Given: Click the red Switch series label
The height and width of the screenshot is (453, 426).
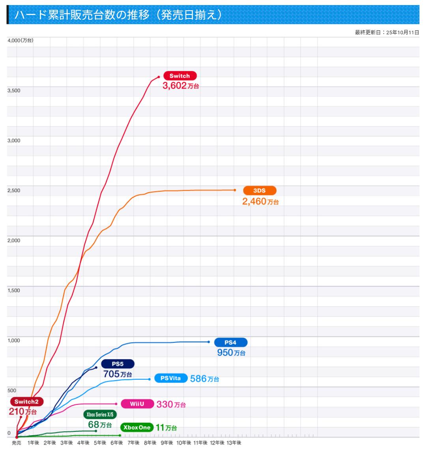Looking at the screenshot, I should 179,76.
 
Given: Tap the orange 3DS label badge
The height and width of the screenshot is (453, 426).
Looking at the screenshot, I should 260,191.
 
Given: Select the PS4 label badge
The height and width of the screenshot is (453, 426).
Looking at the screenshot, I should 230,342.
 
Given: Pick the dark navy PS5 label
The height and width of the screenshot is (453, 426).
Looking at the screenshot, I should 118,364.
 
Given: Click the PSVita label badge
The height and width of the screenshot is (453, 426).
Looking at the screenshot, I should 171,378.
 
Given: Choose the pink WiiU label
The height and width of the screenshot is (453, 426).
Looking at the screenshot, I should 136,404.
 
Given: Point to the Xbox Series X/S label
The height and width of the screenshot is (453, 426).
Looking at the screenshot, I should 100,414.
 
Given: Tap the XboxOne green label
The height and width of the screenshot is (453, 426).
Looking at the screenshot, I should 136,427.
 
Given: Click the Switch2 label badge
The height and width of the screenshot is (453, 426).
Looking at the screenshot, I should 27,402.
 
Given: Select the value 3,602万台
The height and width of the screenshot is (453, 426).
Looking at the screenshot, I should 181,86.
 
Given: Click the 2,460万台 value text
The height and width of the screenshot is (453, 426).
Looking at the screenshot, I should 260,202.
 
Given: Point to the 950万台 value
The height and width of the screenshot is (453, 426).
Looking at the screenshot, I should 231,353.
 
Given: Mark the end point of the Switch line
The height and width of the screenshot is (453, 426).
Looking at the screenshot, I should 159,77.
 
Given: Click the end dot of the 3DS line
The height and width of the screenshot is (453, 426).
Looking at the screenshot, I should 235,190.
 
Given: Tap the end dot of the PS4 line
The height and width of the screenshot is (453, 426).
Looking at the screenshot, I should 209,342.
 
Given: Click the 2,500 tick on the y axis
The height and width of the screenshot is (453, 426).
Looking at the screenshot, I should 14,191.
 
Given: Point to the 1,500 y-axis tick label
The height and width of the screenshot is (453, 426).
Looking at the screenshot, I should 14,291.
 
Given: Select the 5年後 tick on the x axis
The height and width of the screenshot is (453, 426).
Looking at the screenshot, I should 100,443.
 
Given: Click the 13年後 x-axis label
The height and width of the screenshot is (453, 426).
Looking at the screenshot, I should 234,443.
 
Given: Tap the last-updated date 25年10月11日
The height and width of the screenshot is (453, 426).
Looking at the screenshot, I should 403,33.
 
